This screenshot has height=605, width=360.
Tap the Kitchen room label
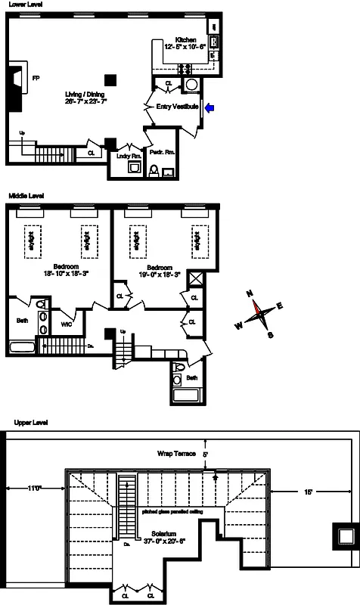185,40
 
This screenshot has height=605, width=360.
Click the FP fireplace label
35,76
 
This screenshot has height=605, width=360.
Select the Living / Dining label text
85,94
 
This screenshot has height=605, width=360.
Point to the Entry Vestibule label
178,107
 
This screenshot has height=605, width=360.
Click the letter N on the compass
249,295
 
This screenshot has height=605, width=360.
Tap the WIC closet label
67,325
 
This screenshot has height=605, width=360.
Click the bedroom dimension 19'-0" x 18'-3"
159,275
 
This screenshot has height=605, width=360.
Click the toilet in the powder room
153,172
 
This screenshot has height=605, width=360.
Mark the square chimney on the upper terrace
346,536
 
